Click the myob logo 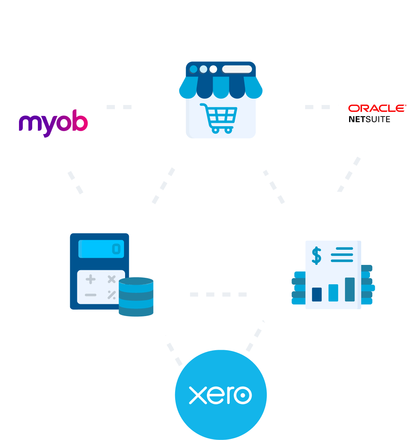tap(53, 123)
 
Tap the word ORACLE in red tap(377, 108)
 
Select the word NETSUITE tap(369, 119)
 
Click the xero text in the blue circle tap(220, 395)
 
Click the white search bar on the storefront tap(237, 69)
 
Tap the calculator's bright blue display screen tap(101, 249)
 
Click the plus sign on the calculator tap(90, 279)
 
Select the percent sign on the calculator tap(112, 295)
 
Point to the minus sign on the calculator tap(90, 295)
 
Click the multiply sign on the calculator tap(112, 279)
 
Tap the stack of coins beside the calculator tap(136, 297)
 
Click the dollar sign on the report tap(317, 256)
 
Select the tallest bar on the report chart tap(350, 289)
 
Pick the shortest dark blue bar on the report tap(317, 294)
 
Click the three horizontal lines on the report tap(342, 255)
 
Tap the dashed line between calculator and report tap(218, 294)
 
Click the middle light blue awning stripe tap(221, 88)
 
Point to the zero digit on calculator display tap(116, 249)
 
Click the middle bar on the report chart tap(334, 293)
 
